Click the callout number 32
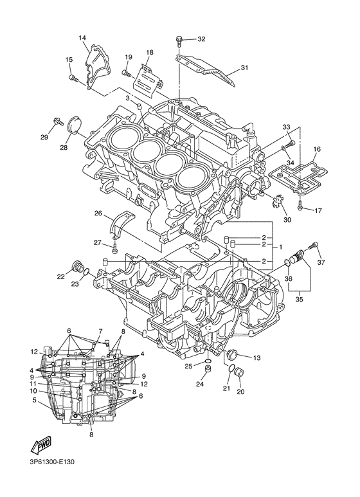(201, 39)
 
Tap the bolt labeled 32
(179, 42)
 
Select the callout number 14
(82, 38)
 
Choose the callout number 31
(244, 68)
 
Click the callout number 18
(149, 52)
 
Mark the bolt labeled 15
(73, 78)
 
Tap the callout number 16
(316, 149)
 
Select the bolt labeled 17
(300, 207)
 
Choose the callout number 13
(256, 357)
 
